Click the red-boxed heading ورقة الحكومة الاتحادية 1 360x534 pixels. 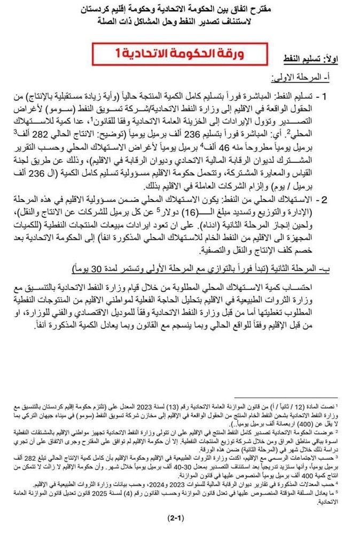(x=180, y=53)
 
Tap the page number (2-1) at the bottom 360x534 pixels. (x=181, y=517)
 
